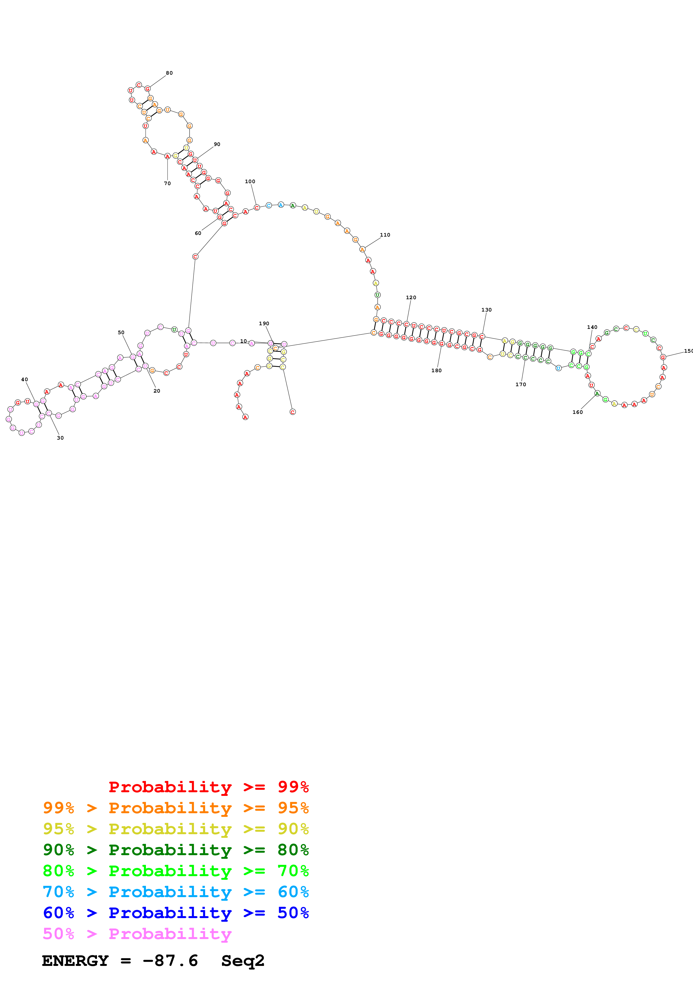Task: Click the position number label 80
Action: [x=169, y=73]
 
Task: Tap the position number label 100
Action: [x=250, y=181]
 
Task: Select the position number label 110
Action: [x=385, y=235]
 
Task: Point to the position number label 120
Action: [x=411, y=298]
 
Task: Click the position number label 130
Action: [x=486, y=310]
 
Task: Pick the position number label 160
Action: [x=577, y=412]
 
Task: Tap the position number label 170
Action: [x=521, y=385]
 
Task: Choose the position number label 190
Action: [x=264, y=324]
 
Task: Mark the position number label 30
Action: [x=60, y=438]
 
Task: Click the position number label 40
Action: [x=24, y=380]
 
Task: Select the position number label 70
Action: [x=167, y=184]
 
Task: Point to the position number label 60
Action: [x=198, y=233]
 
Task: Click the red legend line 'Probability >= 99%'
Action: [x=208, y=787]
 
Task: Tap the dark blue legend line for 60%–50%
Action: [x=176, y=913]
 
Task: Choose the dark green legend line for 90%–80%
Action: [x=176, y=850]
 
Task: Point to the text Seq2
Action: [x=243, y=961]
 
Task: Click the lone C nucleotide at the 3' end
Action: [x=292, y=412]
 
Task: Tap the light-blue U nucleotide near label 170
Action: [x=558, y=368]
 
